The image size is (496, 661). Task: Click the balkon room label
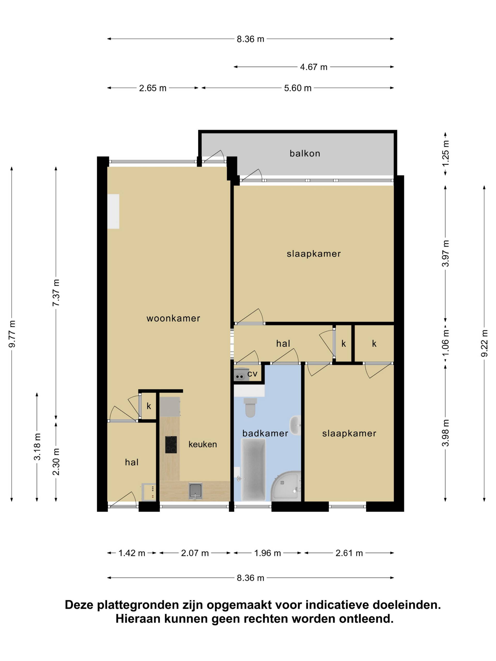pyautogui.click(x=305, y=153)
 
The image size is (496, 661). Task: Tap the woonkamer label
pyautogui.click(x=173, y=318)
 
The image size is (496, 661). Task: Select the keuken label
pyautogui.click(x=203, y=444)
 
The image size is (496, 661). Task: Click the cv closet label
pyautogui.click(x=252, y=374)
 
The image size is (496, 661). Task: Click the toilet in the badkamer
pyautogui.click(x=250, y=407)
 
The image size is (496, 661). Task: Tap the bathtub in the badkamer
pyautogui.click(x=253, y=469)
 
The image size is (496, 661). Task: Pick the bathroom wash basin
pyautogui.click(x=295, y=425)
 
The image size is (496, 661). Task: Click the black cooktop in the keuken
pyautogui.click(x=171, y=445)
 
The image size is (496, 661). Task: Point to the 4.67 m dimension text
pyautogui.click(x=314, y=67)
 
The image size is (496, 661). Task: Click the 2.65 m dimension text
pyautogui.click(x=152, y=88)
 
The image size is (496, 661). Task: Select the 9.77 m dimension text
pyautogui.click(x=12, y=334)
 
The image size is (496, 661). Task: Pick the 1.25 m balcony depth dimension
pyautogui.click(x=445, y=153)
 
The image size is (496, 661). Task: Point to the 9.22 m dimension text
pyautogui.click(x=484, y=343)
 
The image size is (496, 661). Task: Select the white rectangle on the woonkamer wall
pyautogui.click(x=113, y=211)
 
